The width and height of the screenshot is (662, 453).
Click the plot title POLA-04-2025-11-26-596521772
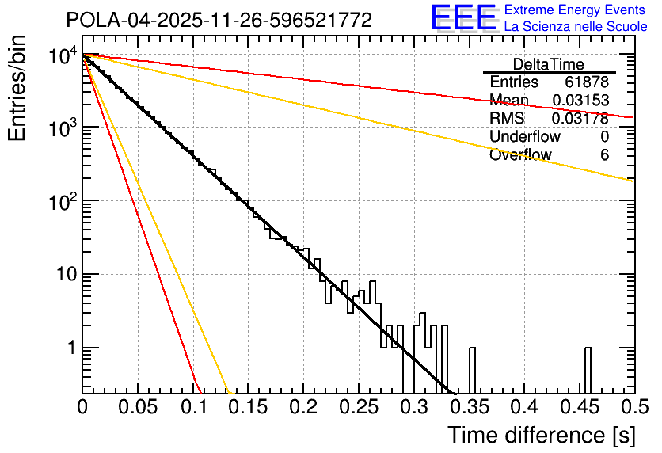(x=219, y=20)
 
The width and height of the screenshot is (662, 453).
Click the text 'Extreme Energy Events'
(x=576, y=10)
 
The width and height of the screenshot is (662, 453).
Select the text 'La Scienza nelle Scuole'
(x=576, y=26)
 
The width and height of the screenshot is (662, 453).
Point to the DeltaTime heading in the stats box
(x=548, y=64)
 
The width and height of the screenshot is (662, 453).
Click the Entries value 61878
(x=587, y=82)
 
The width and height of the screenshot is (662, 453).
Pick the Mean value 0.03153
(x=580, y=101)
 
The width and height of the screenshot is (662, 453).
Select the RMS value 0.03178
(x=580, y=119)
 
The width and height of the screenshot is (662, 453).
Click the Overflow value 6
(x=604, y=155)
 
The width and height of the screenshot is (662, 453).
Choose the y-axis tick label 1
(x=70, y=348)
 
